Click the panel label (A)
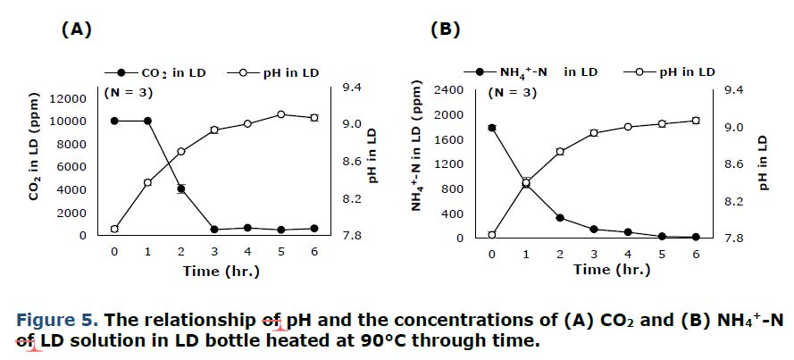(x=76, y=29)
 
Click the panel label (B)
(x=445, y=29)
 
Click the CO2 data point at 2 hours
(x=180, y=188)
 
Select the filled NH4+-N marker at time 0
(x=491, y=128)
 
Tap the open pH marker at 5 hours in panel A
(x=280, y=114)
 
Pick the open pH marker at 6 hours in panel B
(x=696, y=121)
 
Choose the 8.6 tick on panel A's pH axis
(x=353, y=161)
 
